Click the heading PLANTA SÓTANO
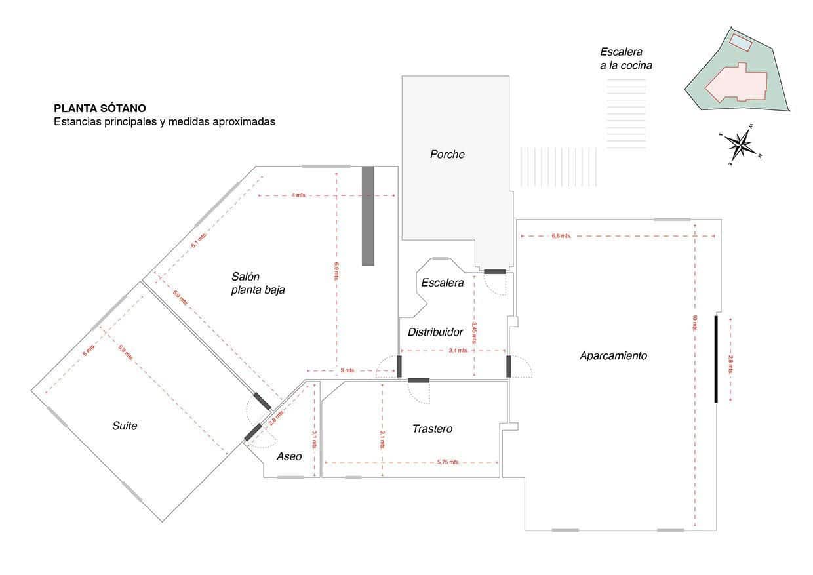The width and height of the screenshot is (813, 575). click(100, 108)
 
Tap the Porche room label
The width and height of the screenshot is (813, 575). click(447, 155)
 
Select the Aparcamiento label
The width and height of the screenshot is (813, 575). click(613, 356)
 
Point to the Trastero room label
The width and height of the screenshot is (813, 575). click(432, 429)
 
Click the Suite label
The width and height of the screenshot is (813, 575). click(125, 426)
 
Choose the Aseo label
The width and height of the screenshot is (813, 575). click(289, 456)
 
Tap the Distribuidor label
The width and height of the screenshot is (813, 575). click(435, 332)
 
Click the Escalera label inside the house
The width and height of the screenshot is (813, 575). click(443, 283)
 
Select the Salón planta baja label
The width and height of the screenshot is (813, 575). click(258, 283)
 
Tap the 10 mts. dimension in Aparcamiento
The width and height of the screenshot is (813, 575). click(694, 323)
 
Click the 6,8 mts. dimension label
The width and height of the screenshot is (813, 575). click(561, 235)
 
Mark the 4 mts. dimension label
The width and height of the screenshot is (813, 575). click(298, 195)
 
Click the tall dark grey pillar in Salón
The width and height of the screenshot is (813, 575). click(368, 216)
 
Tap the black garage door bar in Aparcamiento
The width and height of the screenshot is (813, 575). click(716, 359)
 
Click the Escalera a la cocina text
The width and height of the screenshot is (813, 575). click(625, 58)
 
